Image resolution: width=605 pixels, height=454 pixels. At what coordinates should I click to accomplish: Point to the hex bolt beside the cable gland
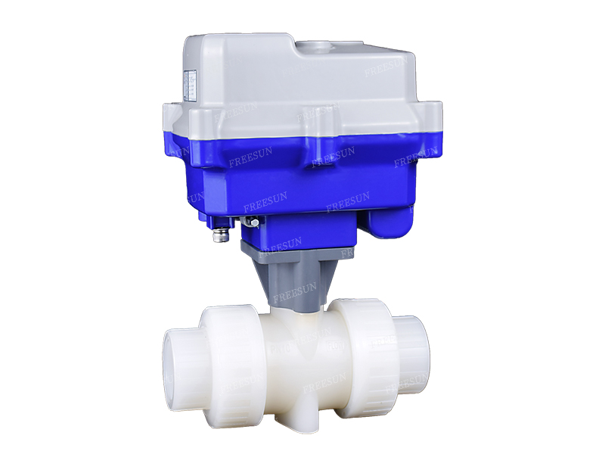click(251, 221)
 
